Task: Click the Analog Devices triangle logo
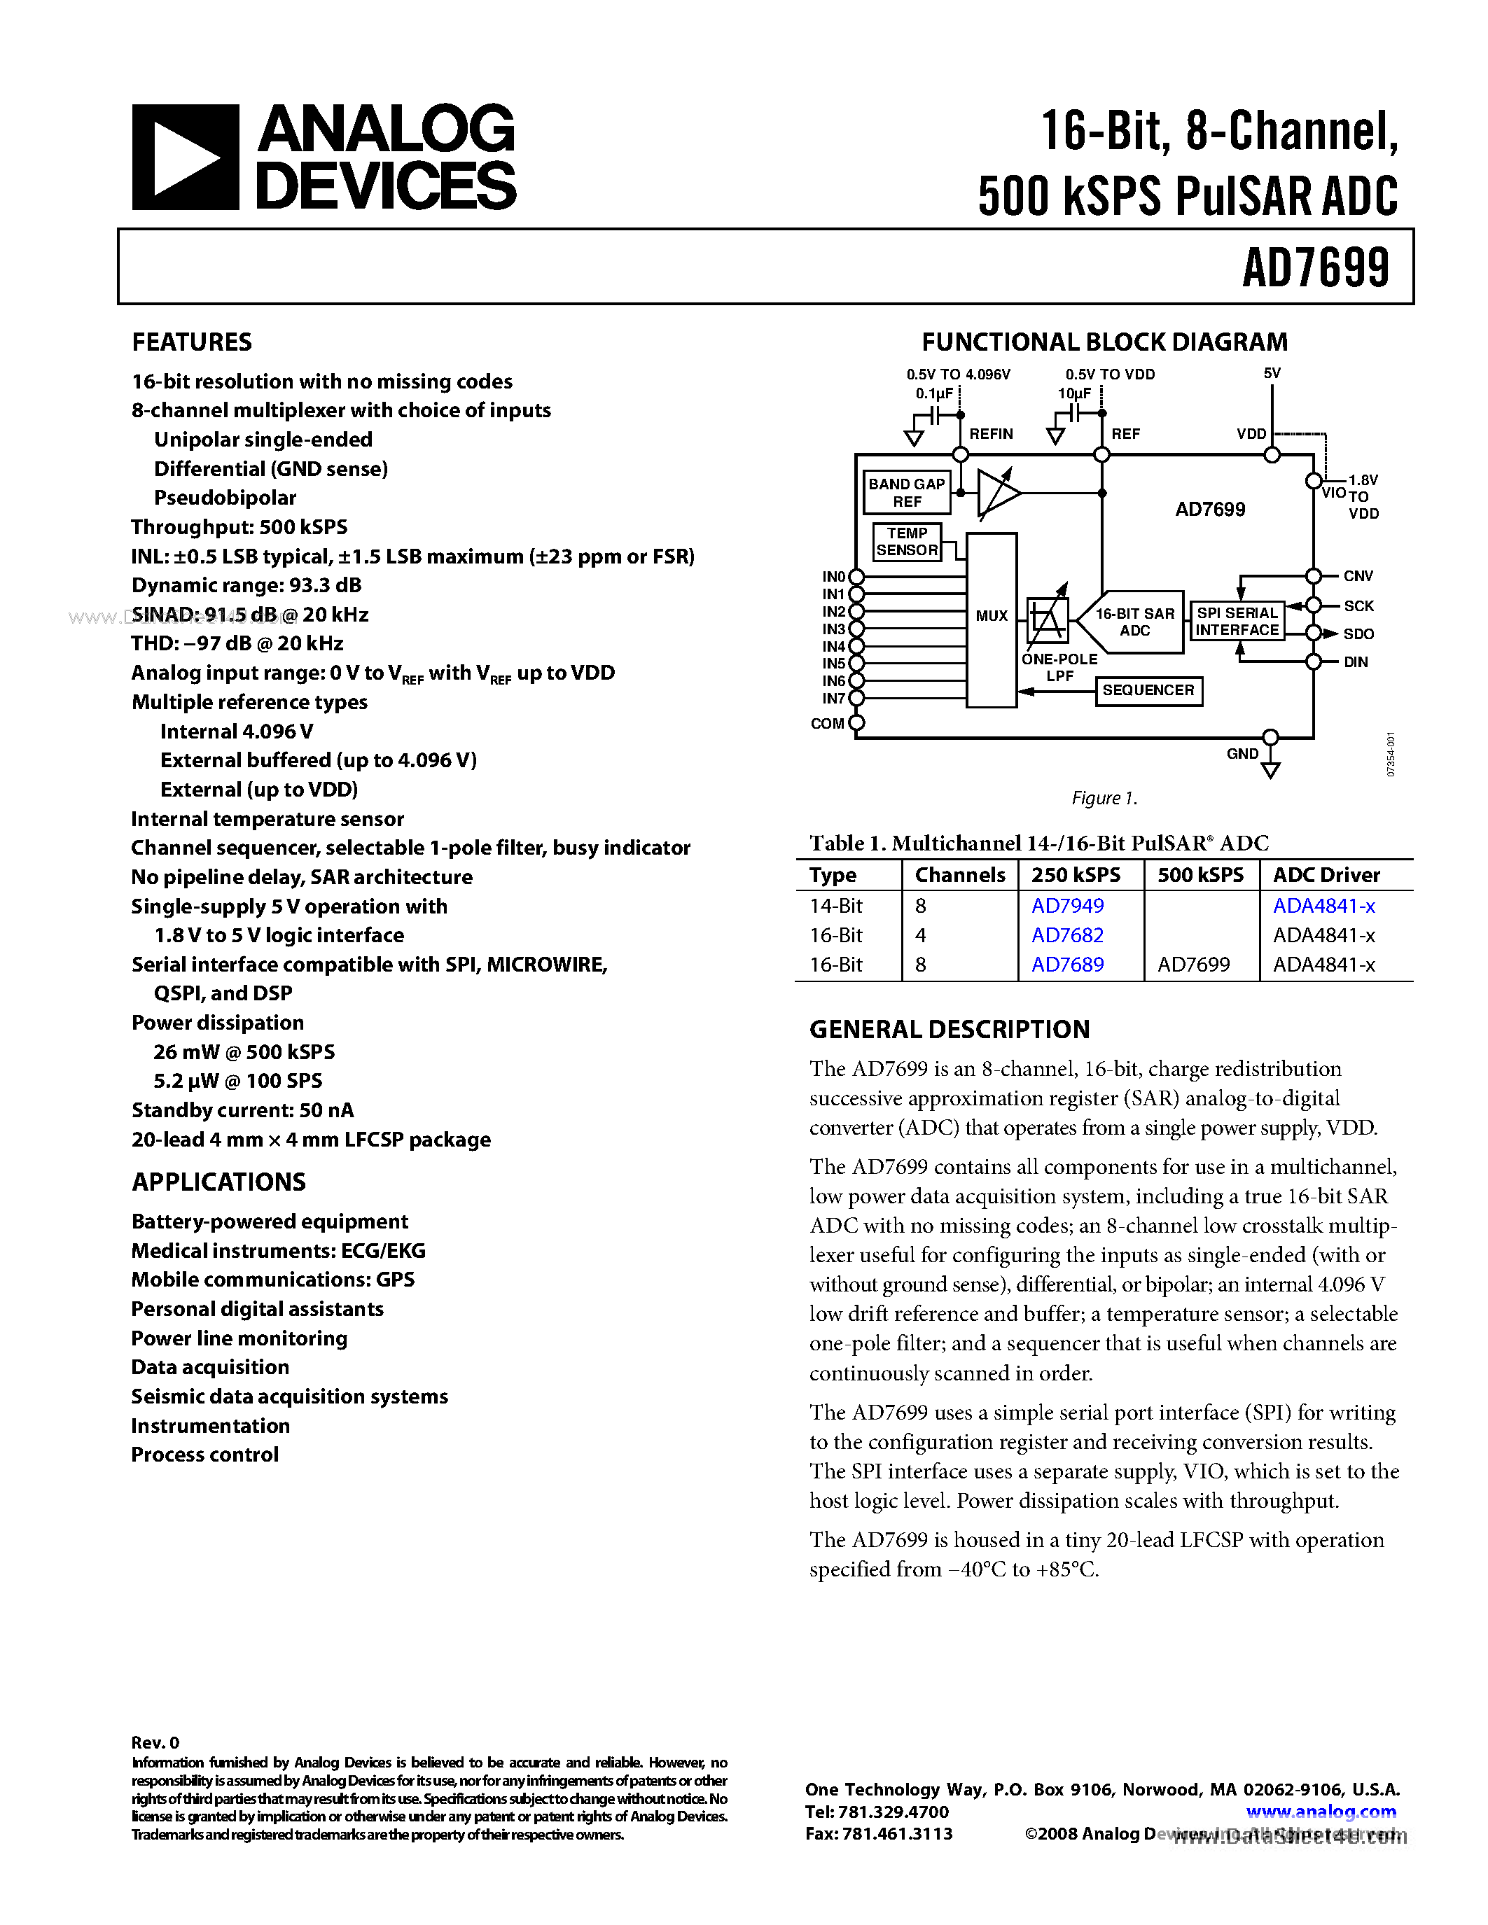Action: click(185, 157)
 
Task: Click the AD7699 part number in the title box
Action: click(1314, 268)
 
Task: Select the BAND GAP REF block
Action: click(906, 493)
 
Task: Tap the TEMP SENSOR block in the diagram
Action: click(907, 541)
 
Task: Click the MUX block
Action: click(991, 617)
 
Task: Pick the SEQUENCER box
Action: click(1148, 690)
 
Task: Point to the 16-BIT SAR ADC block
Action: click(1134, 622)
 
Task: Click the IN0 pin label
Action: click(833, 576)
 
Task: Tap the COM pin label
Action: click(827, 724)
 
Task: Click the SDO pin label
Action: click(1358, 633)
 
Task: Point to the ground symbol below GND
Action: click(1270, 771)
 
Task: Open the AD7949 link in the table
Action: click(1068, 906)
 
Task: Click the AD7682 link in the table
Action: click(1068, 935)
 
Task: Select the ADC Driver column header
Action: click(1326, 875)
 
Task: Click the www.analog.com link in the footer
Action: click(1321, 1812)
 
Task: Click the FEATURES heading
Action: click(191, 342)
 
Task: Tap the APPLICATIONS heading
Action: click(218, 1182)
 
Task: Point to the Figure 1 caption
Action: click(1104, 799)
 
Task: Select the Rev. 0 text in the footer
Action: click(155, 1742)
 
